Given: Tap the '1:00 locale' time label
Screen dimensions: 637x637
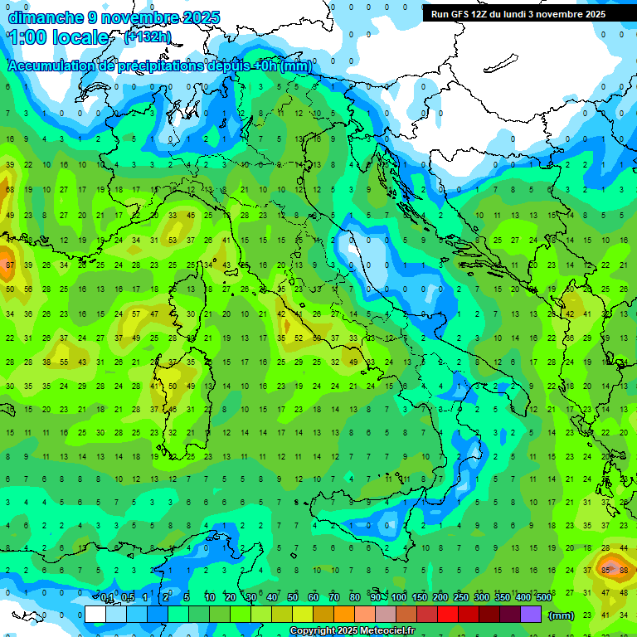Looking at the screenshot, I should [x=59, y=37].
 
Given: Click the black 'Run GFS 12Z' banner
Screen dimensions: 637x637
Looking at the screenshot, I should [x=518, y=14].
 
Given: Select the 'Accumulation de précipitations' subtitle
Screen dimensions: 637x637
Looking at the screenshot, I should [x=160, y=66].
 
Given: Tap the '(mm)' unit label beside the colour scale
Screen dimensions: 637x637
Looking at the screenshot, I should [x=562, y=615].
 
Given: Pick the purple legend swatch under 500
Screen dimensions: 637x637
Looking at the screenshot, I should [x=531, y=615].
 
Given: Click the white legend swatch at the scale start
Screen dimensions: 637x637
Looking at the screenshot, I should [x=95, y=615].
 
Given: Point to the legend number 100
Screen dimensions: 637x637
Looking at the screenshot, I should [x=399, y=598].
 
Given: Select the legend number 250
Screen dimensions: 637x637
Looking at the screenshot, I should [x=461, y=598].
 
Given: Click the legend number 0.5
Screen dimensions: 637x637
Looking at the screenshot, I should [x=128, y=598].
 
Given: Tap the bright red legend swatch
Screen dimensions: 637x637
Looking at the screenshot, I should [x=448, y=615].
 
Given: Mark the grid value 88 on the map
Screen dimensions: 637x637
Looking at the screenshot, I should [x=623, y=570].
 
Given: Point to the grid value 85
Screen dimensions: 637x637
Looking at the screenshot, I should [x=605, y=570].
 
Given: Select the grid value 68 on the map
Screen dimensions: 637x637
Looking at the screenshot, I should [x=9, y=190].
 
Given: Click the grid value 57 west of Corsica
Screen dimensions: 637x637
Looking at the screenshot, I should [x=136, y=314].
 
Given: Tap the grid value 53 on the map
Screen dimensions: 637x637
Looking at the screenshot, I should [x=173, y=241].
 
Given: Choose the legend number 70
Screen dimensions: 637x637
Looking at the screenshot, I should [x=334, y=598].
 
